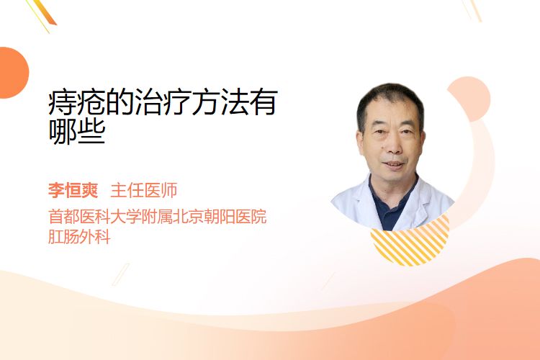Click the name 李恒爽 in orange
pyautogui.click(x=73, y=190)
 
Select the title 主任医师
pyautogui.click(x=144, y=190)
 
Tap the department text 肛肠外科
pyautogui.click(x=79, y=237)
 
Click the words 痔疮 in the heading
pyautogui.click(x=76, y=102)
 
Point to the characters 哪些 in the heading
pyautogui.click(x=76, y=131)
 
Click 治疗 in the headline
pyautogui.click(x=163, y=102)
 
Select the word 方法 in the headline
pyautogui.click(x=220, y=102)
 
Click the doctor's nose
pyautogui.click(x=392, y=146)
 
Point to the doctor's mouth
pyautogui.click(x=393, y=165)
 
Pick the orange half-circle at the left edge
pyautogui.click(x=13, y=73)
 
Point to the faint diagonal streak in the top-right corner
pyautogui.click(x=472, y=10)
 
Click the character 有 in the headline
pyautogui.click(x=264, y=102)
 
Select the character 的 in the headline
pyautogui.click(x=120, y=102)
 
